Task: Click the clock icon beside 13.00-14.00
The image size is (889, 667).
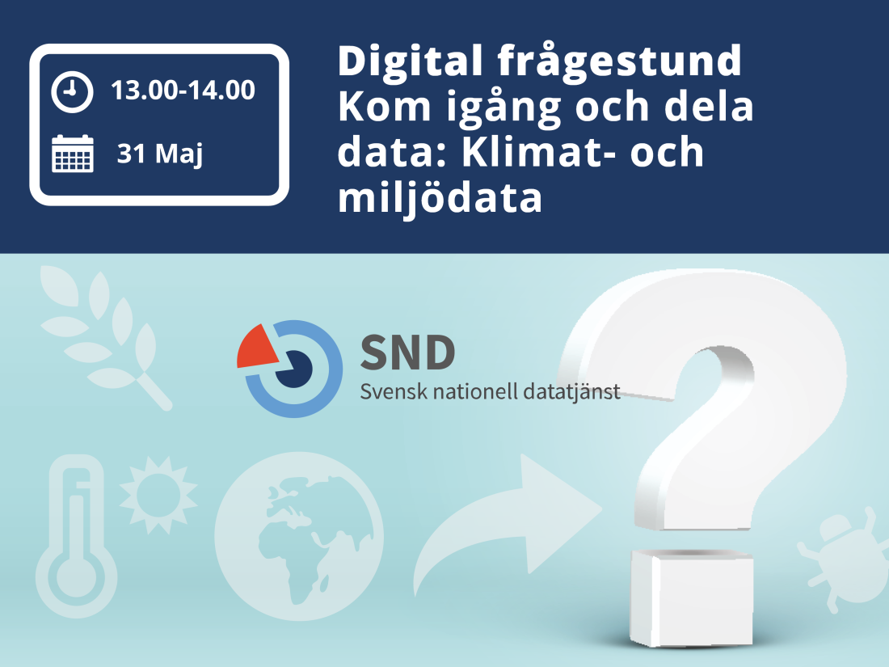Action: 72,92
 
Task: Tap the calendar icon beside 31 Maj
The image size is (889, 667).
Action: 73,154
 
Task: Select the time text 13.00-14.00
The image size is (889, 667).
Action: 183,91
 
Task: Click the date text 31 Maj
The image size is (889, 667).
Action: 159,154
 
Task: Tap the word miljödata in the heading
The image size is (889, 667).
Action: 440,199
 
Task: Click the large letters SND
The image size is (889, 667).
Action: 407,352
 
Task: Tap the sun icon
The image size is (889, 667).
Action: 158,489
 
